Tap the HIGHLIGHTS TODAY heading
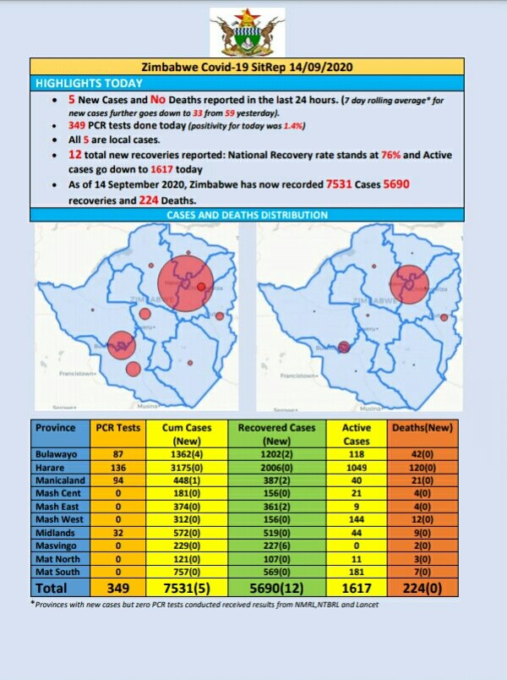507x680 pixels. point(89,83)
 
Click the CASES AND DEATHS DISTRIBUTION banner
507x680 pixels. point(247,215)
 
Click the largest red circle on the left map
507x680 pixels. point(183,282)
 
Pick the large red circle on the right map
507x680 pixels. point(410,285)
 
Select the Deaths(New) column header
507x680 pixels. point(424,428)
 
